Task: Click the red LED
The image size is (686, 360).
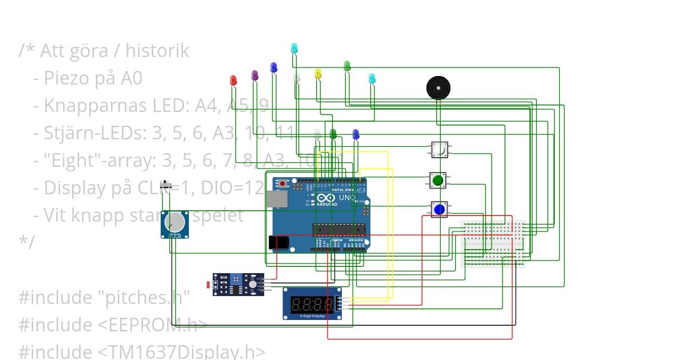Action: tap(233, 81)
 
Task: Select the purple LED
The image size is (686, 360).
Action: tap(255, 75)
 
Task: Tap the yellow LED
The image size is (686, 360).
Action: tap(318, 74)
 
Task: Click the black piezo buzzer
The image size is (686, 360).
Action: tap(438, 87)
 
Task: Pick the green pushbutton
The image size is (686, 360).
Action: tap(438, 181)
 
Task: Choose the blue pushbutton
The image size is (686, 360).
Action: tap(439, 209)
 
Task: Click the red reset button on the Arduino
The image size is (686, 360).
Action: tap(283, 184)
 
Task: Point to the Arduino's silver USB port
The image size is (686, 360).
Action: tap(277, 198)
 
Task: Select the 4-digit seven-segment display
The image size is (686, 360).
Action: tap(312, 303)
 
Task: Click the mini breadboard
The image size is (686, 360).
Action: tap(493, 243)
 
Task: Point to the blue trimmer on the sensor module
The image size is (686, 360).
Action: tap(235, 279)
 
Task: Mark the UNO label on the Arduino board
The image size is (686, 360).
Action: tap(348, 197)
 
